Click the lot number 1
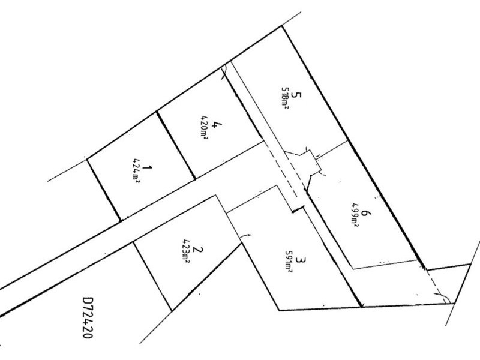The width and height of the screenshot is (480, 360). tap(148, 168)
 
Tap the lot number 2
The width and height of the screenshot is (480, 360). tap(198, 250)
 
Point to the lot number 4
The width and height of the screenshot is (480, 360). tap(217, 125)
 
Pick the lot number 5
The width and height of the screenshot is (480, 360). tap(296, 95)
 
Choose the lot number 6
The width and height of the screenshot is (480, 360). tap(365, 213)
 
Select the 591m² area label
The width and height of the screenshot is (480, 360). tap(289, 262)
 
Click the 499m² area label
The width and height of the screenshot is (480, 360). tap(355, 215)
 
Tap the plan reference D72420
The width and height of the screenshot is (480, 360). tap(88, 317)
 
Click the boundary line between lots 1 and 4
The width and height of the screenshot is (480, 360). tap(176, 145)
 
